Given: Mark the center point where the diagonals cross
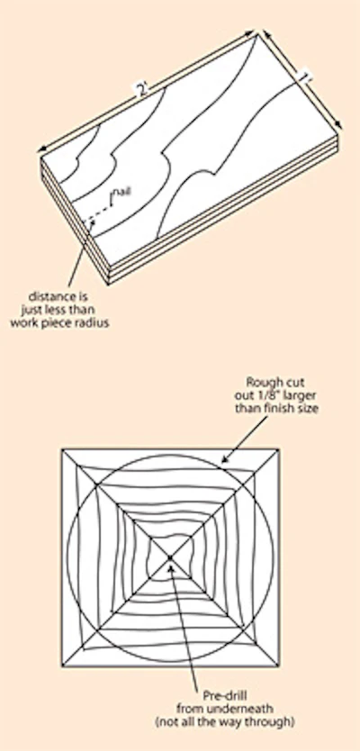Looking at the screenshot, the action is [x=170, y=557].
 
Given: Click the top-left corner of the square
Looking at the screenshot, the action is [x=62, y=449].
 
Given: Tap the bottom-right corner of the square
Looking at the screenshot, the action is [x=279, y=666].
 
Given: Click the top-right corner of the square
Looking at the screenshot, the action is [x=279, y=449].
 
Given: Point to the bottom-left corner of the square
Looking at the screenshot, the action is [x=62, y=666].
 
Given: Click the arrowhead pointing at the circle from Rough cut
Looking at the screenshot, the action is [x=224, y=460].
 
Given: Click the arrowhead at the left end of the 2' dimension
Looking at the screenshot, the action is [x=43, y=149].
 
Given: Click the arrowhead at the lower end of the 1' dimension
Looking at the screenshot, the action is [x=339, y=125].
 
